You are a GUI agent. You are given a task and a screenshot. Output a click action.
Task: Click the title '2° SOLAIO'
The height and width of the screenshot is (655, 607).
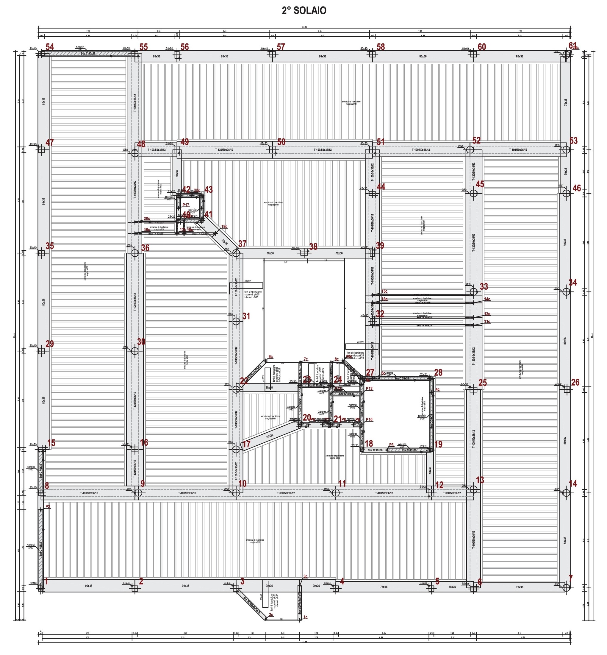(x=304, y=10)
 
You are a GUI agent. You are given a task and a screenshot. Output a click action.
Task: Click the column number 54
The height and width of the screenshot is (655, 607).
(x=50, y=47)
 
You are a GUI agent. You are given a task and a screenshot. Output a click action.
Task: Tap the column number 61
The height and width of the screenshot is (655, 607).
(x=572, y=45)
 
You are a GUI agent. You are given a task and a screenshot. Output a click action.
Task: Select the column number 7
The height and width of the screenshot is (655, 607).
(x=570, y=578)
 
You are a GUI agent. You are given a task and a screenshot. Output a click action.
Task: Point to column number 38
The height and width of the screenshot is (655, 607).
(x=313, y=247)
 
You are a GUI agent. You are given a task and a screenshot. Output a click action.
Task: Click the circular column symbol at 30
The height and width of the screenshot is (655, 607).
(x=135, y=351)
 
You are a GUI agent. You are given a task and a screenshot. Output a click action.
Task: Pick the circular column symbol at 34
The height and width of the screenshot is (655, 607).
(x=566, y=291)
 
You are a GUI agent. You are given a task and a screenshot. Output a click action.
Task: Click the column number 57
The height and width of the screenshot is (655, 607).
(x=281, y=47)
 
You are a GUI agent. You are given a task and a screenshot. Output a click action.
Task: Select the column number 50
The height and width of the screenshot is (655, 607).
(x=281, y=142)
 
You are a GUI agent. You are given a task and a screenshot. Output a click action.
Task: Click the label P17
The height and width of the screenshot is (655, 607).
(x=186, y=205)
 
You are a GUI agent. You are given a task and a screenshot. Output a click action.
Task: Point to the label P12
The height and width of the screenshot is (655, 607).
(x=370, y=389)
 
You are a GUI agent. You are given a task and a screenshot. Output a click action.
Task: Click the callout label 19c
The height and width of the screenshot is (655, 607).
(x=224, y=227)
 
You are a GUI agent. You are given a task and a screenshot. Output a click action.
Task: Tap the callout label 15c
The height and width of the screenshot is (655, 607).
(x=384, y=291)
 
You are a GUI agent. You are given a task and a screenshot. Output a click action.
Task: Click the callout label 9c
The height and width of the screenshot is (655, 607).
(x=271, y=357)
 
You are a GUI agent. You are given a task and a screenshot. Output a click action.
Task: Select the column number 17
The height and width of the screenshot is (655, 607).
(x=246, y=444)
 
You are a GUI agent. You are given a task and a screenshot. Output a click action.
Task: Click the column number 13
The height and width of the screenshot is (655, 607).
(x=480, y=480)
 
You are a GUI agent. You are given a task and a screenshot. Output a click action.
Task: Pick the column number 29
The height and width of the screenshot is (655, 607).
(x=50, y=344)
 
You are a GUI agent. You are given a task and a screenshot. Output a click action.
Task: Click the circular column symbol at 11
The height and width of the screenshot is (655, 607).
(x=335, y=493)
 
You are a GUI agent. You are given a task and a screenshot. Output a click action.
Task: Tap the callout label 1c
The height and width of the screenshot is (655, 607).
(x=306, y=617)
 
